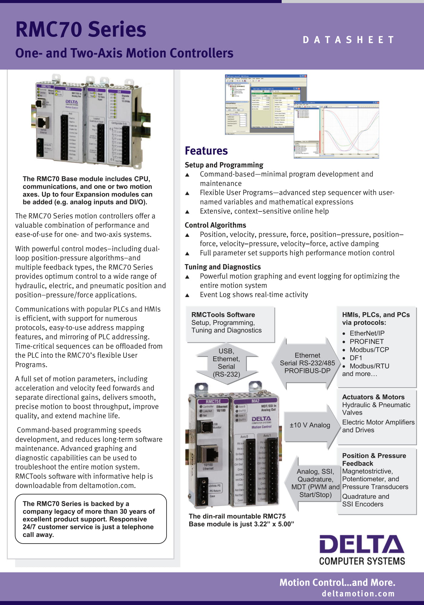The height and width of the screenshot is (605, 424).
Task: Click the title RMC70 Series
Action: tap(81, 29)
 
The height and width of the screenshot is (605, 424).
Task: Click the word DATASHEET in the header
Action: tap(349, 40)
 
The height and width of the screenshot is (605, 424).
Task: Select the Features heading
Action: tap(206, 151)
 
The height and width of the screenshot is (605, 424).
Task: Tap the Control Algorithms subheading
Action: tap(215, 225)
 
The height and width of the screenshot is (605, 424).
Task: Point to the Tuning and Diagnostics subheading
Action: tap(223, 267)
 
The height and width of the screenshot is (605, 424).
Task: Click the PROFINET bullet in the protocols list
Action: tap(366, 342)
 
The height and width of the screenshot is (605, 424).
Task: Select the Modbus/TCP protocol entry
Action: tap(369, 350)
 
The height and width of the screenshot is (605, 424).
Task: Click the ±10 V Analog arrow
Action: tap(310, 425)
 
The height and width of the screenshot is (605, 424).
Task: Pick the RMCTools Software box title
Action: tap(223, 315)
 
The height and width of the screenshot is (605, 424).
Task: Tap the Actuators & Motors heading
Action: tap(373, 397)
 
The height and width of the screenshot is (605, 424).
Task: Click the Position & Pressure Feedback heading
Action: tap(374, 459)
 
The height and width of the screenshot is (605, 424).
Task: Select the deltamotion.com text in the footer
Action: tap(358, 594)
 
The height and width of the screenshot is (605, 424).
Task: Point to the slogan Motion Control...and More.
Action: tap(337, 582)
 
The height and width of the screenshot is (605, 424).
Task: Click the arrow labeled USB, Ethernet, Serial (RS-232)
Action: tap(227, 363)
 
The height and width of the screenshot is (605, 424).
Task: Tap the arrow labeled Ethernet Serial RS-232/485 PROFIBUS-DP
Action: tap(307, 363)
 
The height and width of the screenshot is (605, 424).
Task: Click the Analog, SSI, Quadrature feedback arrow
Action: tap(315, 483)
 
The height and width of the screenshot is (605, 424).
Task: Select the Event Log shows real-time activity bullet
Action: tap(254, 295)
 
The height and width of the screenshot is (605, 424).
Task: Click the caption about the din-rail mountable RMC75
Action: tap(241, 520)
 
